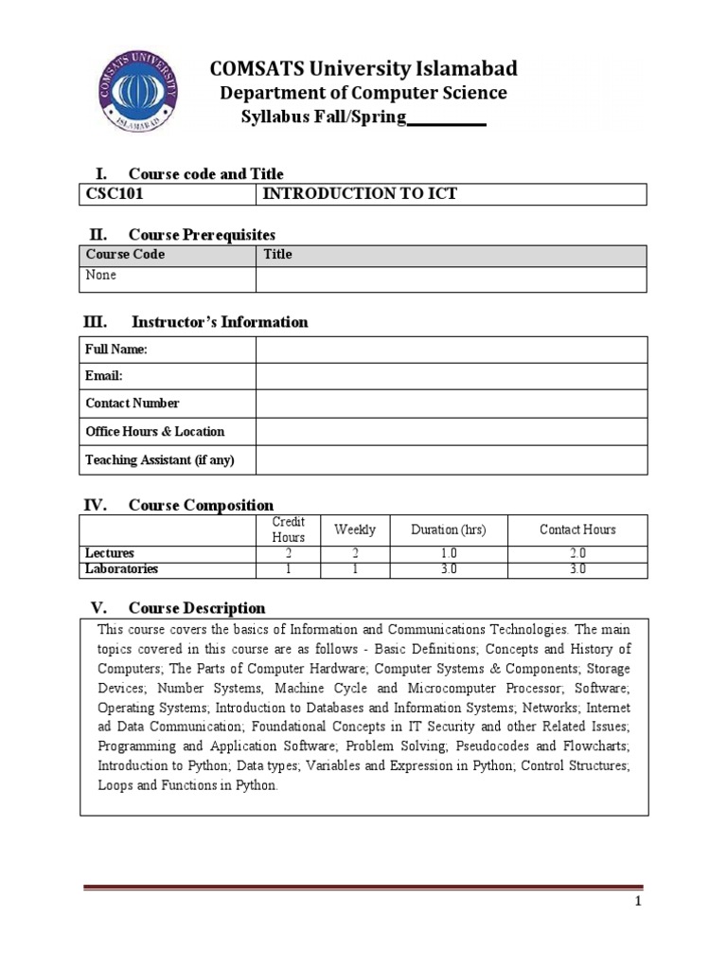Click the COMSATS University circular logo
click(138, 93)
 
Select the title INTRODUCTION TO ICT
click(359, 194)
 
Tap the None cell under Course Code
click(101, 275)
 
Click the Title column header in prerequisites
click(277, 254)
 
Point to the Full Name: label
click(116, 350)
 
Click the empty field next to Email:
click(451, 376)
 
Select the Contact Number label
click(133, 403)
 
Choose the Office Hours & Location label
click(155, 431)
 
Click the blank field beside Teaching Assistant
click(451, 459)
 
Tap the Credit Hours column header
click(288, 530)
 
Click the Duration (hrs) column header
click(449, 530)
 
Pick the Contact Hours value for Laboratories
click(577, 569)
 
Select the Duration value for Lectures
click(449, 553)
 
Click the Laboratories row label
click(122, 569)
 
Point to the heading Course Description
click(197, 608)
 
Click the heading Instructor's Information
click(220, 322)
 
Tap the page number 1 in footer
click(639, 902)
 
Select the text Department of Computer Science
click(363, 93)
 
